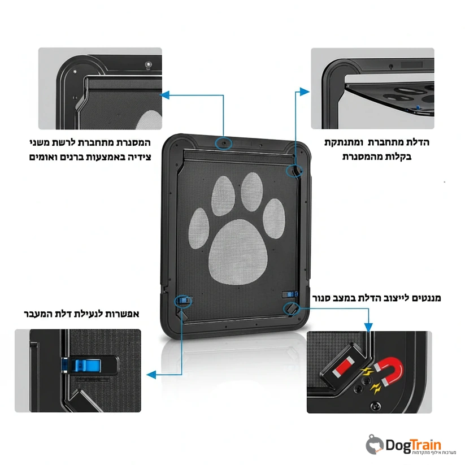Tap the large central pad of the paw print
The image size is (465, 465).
tap(238, 251)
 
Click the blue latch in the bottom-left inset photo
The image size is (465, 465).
tap(85, 366)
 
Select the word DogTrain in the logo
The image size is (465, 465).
tap(414, 445)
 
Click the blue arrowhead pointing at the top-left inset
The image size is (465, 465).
tap(164, 95)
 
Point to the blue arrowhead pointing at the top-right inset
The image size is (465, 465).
tap(305, 92)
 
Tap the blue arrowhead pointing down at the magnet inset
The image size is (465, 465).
tap(368, 327)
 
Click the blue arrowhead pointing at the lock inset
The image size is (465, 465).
tap(151, 375)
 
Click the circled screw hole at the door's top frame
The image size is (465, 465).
tap(224, 144)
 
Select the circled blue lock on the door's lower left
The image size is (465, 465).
tap(183, 301)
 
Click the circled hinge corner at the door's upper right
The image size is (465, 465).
tap(294, 171)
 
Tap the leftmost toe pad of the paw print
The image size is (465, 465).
tap(199, 228)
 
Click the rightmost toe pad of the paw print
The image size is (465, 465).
tap(274, 219)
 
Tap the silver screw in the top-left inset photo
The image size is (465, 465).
tap(148, 64)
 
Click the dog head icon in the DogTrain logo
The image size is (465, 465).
tap(375, 445)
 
